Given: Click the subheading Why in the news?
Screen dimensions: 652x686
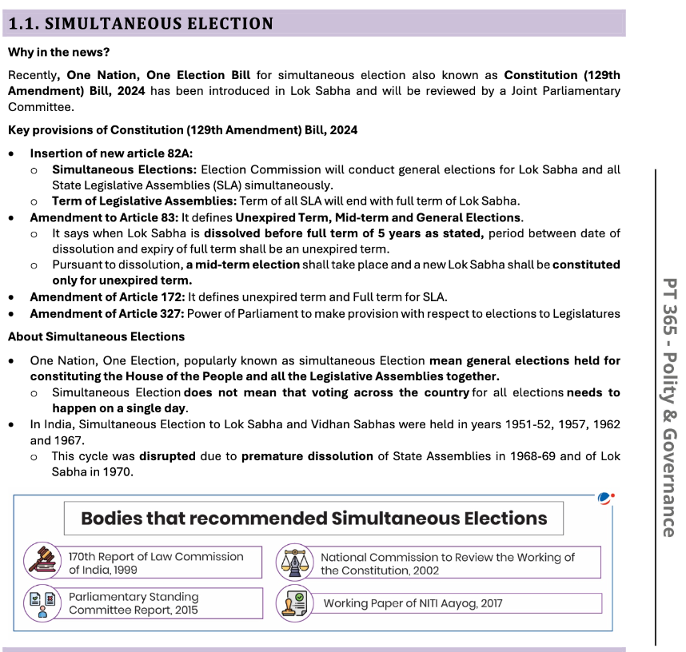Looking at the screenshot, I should click(x=58, y=53).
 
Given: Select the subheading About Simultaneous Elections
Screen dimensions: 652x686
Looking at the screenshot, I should click(x=96, y=336).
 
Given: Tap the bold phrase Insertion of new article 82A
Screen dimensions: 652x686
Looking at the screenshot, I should click(x=111, y=153).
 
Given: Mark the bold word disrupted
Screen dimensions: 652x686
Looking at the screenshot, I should click(x=167, y=456).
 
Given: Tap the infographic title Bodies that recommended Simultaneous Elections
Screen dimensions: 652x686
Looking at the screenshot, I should click(x=313, y=519).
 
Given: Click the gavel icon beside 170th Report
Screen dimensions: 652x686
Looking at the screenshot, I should click(x=42, y=559).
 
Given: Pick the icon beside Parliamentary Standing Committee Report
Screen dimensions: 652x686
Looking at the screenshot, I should click(x=42, y=603).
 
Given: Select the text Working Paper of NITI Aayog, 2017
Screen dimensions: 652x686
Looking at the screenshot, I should click(x=413, y=603).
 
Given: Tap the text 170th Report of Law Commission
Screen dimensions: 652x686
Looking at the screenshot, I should click(x=156, y=556).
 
